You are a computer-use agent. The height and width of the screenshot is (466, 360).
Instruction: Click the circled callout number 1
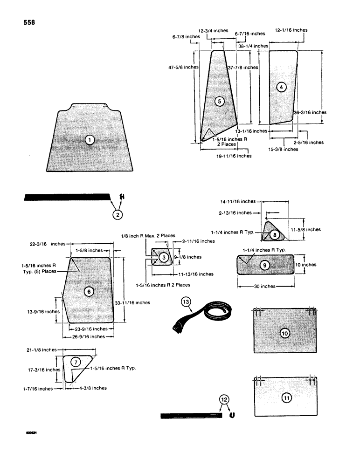click(90, 140)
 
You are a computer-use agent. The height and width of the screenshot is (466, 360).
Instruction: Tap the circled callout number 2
click(118, 214)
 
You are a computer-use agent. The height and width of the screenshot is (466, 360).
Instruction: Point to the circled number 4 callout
click(281, 87)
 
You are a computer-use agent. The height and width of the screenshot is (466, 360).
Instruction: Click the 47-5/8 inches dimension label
click(183, 67)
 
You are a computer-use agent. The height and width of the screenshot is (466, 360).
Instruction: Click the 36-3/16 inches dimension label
click(310, 112)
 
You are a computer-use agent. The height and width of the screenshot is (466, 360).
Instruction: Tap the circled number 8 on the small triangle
click(275, 235)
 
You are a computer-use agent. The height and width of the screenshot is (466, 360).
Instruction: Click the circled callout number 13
click(187, 302)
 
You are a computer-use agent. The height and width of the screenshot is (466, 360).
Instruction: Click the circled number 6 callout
click(89, 291)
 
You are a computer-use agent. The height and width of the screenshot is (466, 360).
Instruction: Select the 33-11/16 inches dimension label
click(132, 302)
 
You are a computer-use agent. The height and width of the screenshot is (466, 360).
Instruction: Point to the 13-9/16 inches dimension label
click(46, 311)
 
